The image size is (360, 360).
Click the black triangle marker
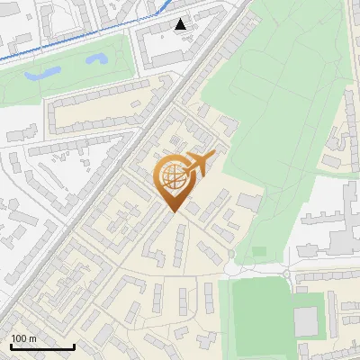181,24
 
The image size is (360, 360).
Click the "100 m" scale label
23,338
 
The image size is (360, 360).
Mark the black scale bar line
42,346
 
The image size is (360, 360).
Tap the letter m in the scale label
31,338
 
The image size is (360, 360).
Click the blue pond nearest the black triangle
94,60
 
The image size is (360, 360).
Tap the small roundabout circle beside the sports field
285,274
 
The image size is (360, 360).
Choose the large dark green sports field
258,315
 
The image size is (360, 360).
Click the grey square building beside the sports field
306,320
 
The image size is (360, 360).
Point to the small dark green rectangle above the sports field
259,251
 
